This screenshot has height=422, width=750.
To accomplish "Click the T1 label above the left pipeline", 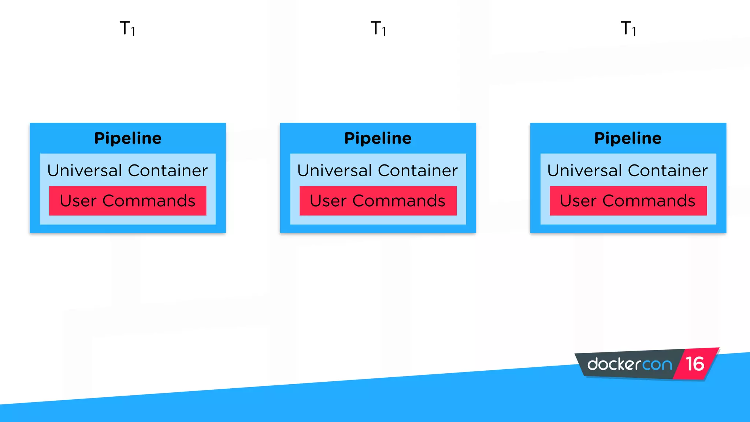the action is pyautogui.click(x=127, y=29).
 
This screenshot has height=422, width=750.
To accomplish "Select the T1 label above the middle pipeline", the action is pyautogui.click(x=378, y=29).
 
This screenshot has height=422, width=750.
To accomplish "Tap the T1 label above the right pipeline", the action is pyautogui.click(x=628, y=29).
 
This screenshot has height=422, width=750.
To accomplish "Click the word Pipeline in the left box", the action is pyautogui.click(x=128, y=138).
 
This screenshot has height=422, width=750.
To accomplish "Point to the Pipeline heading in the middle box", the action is pyautogui.click(x=378, y=138).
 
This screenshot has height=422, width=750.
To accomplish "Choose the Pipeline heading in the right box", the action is pyautogui.click(x=628, y=138).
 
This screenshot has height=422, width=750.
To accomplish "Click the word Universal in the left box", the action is pyautogui.click(x=85, y=171).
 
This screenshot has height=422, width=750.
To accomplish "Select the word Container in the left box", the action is pyautogui.click(x=168, y=171).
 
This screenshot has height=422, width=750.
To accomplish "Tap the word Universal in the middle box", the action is pyautogui.click(x=335, y=171).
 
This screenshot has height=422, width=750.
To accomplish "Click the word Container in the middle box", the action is pyautogui.click(x=418, y=171).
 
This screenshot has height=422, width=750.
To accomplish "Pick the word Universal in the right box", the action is pyautogui.click(x=585, y=171).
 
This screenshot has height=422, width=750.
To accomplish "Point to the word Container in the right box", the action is pyautogui.click(x=668, y=171).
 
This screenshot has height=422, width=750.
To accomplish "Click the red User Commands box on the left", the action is pyautogui.click(x=128, y=201).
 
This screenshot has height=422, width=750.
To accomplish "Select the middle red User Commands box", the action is pyautogui.click(x=378, y=201).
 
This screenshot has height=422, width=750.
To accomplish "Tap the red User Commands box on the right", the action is pyautogui.click(x=628, y=201).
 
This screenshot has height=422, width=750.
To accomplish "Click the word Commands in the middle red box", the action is pyautogui.click(x=399, y=201).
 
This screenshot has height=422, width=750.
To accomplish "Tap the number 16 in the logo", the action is pyautogui.click(x=695, y=364).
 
